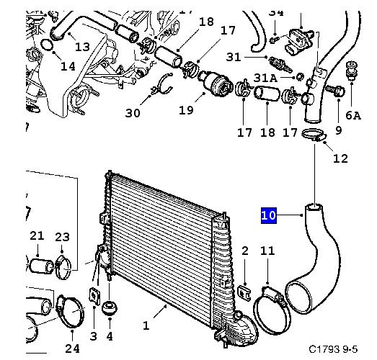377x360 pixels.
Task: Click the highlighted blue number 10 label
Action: [x=269, y=215]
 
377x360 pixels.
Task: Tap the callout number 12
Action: [x=340, y=158]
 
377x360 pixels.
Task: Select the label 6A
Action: [x=353, y=115]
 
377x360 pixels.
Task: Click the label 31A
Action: [x=265, y=78]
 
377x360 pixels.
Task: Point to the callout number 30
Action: [x=133, y=113]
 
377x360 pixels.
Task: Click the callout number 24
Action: [x=72, y=348]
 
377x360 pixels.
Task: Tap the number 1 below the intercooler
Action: [x=146, y=326]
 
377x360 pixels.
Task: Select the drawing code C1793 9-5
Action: [x=333, y=349]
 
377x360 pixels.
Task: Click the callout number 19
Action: [x=186, y=110]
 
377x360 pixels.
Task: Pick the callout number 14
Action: [x=68, y=66]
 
